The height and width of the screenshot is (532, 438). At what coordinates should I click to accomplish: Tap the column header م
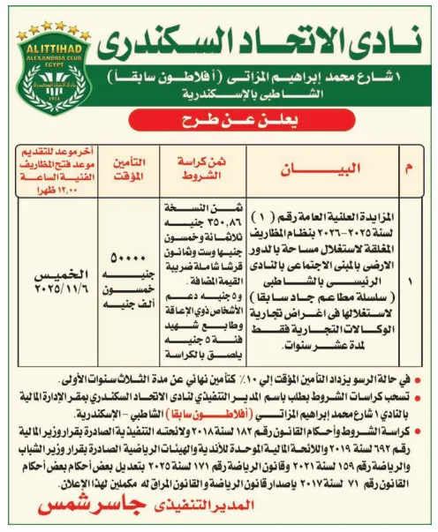coord(406,167)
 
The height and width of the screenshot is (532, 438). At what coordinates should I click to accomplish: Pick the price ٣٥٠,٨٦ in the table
coord(189,224)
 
